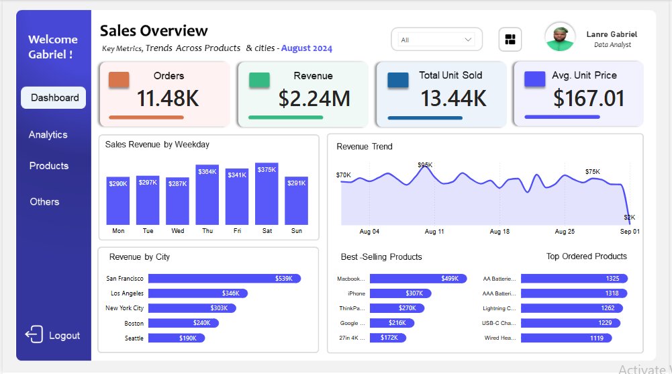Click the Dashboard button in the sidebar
(54, 97)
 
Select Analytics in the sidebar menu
(48, 134)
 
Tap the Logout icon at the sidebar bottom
(34, 335)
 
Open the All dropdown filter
(436, 40)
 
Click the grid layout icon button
(510, 40)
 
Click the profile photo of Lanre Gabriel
(559, 37)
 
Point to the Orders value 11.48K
(167, 99)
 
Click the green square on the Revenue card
(259, 80)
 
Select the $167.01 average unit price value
(589, 99)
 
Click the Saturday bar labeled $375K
(267, 194)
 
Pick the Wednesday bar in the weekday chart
(177, 201)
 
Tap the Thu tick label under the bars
(207, 231)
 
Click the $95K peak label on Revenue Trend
(425, 165)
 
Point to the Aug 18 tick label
(499, 231)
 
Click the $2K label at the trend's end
(629, 217)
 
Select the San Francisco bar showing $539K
(224, 278)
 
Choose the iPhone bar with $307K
(400, 293)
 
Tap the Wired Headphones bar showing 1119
(562, 338)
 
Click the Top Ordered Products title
(586, 256)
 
